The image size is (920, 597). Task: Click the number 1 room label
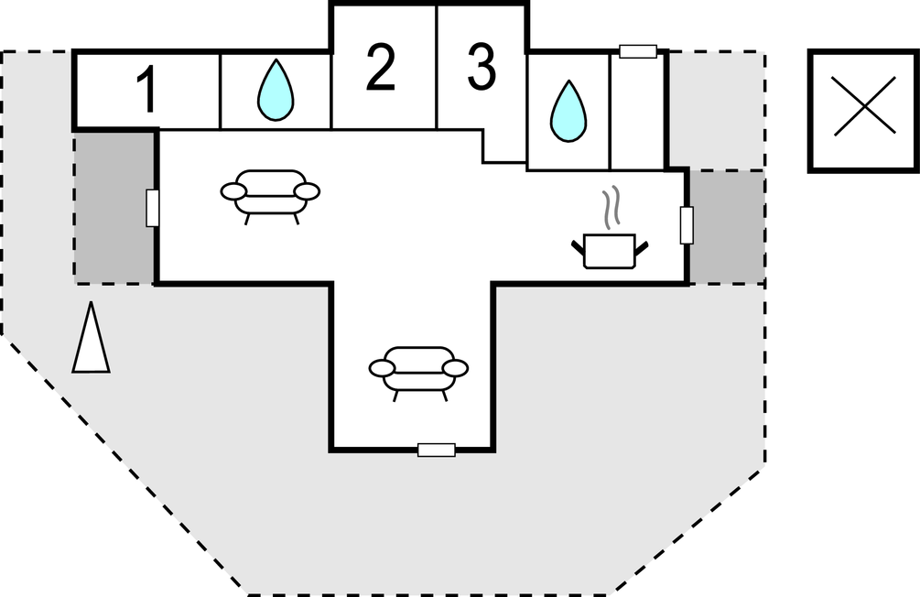(x=146, y=91)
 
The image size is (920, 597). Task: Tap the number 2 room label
(x=380, y=69)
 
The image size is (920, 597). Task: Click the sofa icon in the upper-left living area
(x=271, y=192)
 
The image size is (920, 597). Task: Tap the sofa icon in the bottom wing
(x=418, y=369)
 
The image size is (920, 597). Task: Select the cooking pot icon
(x=609, y=250)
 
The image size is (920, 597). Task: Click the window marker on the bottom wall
(x=436, y=450)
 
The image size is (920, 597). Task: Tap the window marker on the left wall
(x=153, y=208)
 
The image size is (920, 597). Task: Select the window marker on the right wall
(x=687, y=225)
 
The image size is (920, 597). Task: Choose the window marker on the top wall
(x=638, y=51)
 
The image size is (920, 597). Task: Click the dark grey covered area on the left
(x=114, y=208)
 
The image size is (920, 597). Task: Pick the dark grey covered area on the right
(x=727, y=226)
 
